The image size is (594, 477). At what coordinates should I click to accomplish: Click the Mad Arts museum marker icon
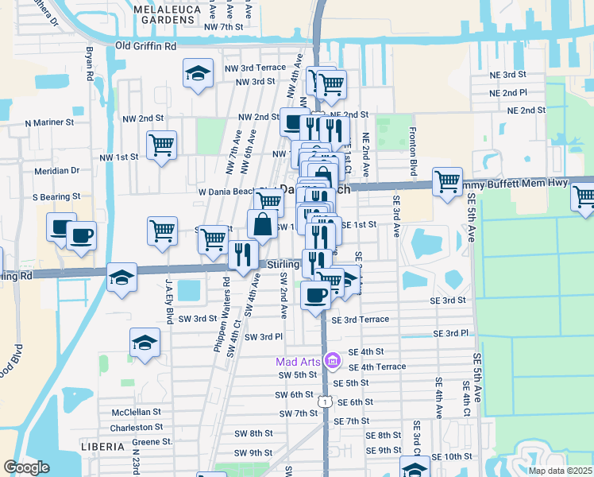tap(332, 362)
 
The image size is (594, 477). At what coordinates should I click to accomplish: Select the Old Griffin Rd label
tap(146, 47)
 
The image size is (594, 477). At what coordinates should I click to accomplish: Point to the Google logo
tap(26, 467)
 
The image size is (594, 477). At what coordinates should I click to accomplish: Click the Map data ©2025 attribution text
tap(561, 471)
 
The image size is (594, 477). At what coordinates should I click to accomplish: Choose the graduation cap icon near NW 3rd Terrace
tap(198, 74)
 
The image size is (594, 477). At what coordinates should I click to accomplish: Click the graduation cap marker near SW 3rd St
tap(145, 343)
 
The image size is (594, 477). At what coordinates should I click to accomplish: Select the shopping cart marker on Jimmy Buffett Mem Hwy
tap(448, 180)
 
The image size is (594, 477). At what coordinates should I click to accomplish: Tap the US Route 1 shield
tap(325, 403)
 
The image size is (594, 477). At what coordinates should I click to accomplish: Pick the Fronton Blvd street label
tap(413, 146)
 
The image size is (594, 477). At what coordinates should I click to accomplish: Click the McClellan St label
tap(137, 413)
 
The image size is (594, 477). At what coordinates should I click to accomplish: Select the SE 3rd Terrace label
tap(361, 320)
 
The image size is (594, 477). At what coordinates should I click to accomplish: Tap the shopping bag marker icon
tap(262, 224)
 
